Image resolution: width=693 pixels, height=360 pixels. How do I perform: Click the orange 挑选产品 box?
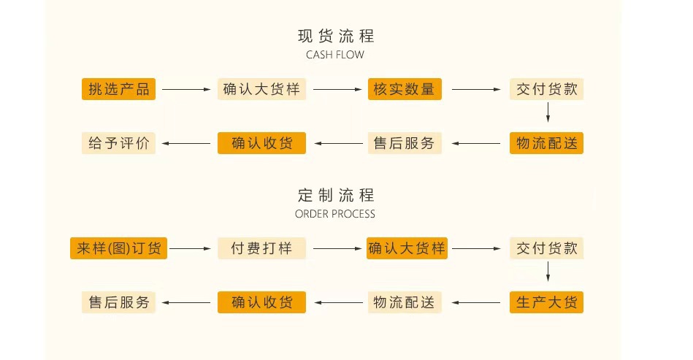118,89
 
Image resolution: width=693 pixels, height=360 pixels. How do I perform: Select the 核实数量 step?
404,89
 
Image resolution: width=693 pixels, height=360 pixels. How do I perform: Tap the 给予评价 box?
118,143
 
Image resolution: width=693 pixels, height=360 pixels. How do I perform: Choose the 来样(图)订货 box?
118,248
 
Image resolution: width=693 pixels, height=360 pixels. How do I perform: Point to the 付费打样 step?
261,248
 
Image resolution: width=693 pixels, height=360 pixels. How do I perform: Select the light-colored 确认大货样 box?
261,89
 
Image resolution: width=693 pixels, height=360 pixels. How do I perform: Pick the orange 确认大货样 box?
407,248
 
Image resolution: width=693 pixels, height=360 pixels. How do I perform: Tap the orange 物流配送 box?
546,143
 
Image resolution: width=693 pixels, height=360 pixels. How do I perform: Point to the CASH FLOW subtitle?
335,55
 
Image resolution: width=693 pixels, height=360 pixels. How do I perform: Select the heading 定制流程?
335,196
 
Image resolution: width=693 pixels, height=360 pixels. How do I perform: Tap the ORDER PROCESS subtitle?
335,214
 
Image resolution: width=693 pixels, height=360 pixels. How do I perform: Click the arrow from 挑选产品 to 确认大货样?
186,90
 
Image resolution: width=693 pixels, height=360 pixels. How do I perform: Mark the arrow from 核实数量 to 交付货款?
475,90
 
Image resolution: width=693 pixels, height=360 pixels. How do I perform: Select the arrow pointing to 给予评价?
186,144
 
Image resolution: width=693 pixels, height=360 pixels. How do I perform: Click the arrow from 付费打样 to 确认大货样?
335,249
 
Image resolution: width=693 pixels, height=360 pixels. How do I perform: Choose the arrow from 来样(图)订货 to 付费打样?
192,249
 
